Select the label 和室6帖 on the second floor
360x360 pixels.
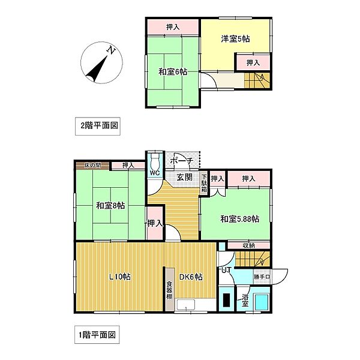(x=173, y=72)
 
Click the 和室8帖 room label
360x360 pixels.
(x=110, y=206)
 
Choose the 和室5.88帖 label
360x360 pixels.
(x=239, y=219)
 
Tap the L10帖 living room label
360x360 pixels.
(x=120, y=277)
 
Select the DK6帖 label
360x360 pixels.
(x=189, y=277)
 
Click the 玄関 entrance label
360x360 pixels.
(x=184, y=177)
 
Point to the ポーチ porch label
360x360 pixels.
(x=181, y=161)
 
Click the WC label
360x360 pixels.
(x=154, y=173)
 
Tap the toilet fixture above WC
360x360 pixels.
(x=155, y=161)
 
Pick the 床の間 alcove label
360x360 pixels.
(x=92, y=165)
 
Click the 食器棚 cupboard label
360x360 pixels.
(x=170, y=290)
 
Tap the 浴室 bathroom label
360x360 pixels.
(x=245, y=300)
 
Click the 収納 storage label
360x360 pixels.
(x=248, y=245)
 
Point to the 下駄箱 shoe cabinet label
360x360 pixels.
(x=204, y=182)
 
